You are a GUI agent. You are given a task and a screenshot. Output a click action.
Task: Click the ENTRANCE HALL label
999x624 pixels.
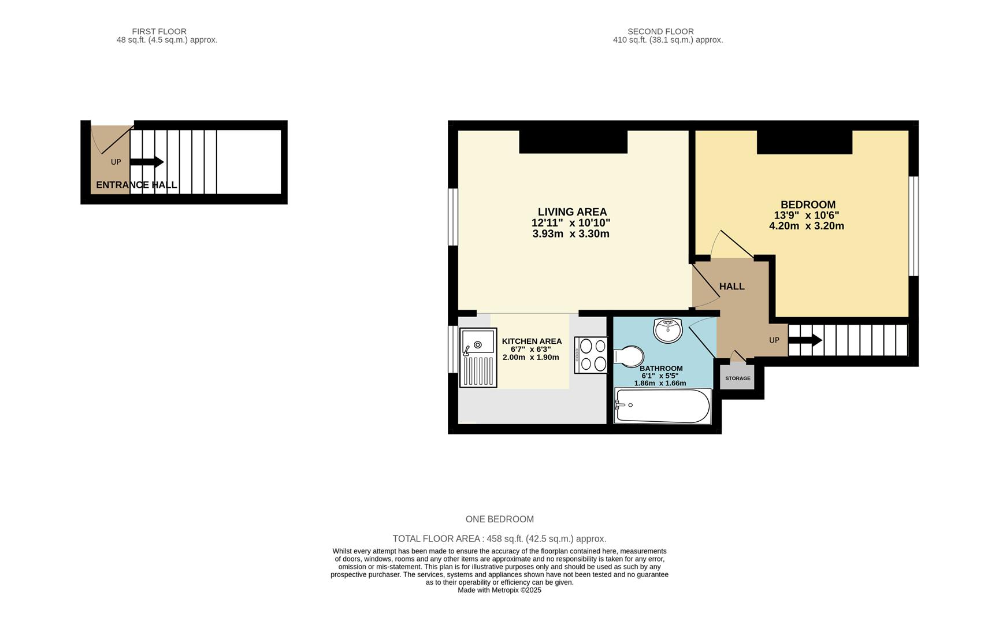click(136, 185)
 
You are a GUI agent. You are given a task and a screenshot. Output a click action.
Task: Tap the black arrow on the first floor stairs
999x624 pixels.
click(147, 162)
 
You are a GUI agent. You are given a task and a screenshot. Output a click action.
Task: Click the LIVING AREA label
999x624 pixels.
click(572, 212)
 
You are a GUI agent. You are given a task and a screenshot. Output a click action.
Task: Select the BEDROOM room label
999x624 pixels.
click(808, 205)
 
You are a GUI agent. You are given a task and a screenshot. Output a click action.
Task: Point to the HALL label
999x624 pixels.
click(731, 287)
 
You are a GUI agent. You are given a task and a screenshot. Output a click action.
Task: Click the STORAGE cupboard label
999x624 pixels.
click(738, 378)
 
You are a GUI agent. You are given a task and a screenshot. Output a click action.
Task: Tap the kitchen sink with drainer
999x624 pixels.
click(478, 358)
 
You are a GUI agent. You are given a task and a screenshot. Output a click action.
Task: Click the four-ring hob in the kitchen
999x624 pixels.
click(591, 355)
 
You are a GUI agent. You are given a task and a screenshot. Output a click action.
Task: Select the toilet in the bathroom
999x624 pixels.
click(629, 356)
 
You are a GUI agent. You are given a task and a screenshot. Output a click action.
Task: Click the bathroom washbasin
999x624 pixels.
click(668, 330)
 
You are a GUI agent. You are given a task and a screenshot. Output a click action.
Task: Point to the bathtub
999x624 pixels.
click(662, 406)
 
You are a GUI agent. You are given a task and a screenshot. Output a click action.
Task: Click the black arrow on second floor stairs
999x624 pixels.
click(805, 340)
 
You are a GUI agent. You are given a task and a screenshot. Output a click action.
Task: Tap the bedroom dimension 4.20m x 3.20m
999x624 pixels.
click(807, 226)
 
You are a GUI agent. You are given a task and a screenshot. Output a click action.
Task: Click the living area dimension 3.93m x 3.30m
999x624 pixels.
click(571, 234)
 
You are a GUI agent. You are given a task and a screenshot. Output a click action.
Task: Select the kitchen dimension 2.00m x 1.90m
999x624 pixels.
click(531, 357)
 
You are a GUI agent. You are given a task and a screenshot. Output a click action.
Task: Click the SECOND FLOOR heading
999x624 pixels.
click(660, 32)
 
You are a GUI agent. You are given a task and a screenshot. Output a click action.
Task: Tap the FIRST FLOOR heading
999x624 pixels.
click(159, 32)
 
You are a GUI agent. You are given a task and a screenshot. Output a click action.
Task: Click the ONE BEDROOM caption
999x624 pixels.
click(500, 519)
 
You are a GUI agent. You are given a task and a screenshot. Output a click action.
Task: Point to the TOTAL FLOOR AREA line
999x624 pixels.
click(499, 539)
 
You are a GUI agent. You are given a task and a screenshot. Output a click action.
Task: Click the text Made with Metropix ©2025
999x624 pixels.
click(499, 590)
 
